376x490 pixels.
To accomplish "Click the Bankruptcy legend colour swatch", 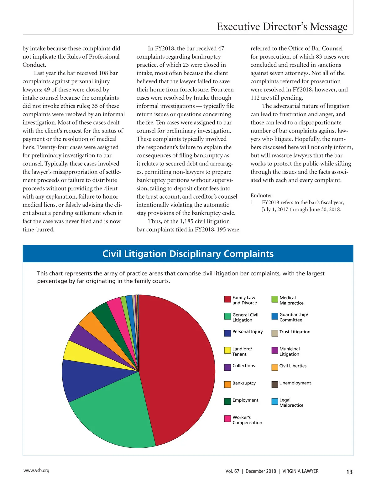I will pyautogui.click(x=227, y=384).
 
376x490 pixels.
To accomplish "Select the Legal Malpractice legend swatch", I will pyautogui.click(x=275, y=402).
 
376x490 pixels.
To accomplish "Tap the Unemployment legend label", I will pyautogui.click(x=295, y=383).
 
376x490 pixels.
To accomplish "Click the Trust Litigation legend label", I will pyautogui.click(x=295, y=332).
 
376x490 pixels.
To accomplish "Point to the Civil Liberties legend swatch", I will pyautogui.click(x=275, y=367).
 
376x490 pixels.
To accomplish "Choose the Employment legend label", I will pyautogui.click(x=245, y=400).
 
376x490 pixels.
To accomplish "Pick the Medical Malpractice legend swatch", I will pyautogui.click(x=275, y=299).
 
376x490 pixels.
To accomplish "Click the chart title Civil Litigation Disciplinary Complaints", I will pyautogui.click(x=188, y=254).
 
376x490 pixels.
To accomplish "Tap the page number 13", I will pyautogui.click(x=349, y=472).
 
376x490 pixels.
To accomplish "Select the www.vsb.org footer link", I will pyautogui.click(x=36, y=471).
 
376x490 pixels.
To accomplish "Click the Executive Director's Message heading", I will pyautogui.click(x=282, y=27).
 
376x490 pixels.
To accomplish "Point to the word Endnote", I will pyautogui.click(x=261, y=195).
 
